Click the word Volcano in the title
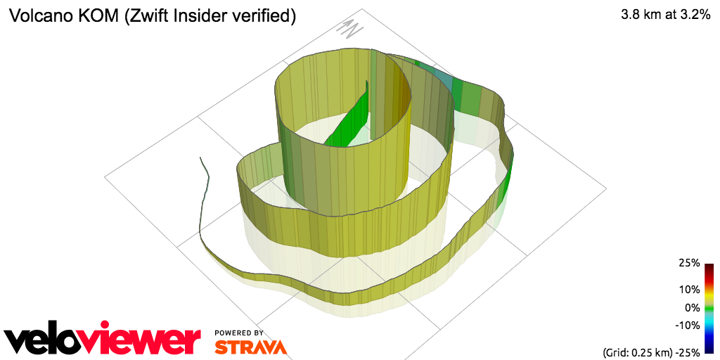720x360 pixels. pos(37,15)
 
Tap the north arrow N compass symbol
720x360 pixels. pos(349,28)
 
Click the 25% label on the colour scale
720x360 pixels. pos(689,263)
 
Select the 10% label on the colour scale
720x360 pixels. pos(689,289)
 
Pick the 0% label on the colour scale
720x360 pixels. pos(692,307)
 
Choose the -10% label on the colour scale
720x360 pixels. pos(687,325)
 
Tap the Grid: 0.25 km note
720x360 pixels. pos(636,352)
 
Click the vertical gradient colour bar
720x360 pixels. pos(709,308)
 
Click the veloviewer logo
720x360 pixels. pos(103,340)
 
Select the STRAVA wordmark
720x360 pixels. pos(250,347)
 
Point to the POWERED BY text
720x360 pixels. pos(239,333)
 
